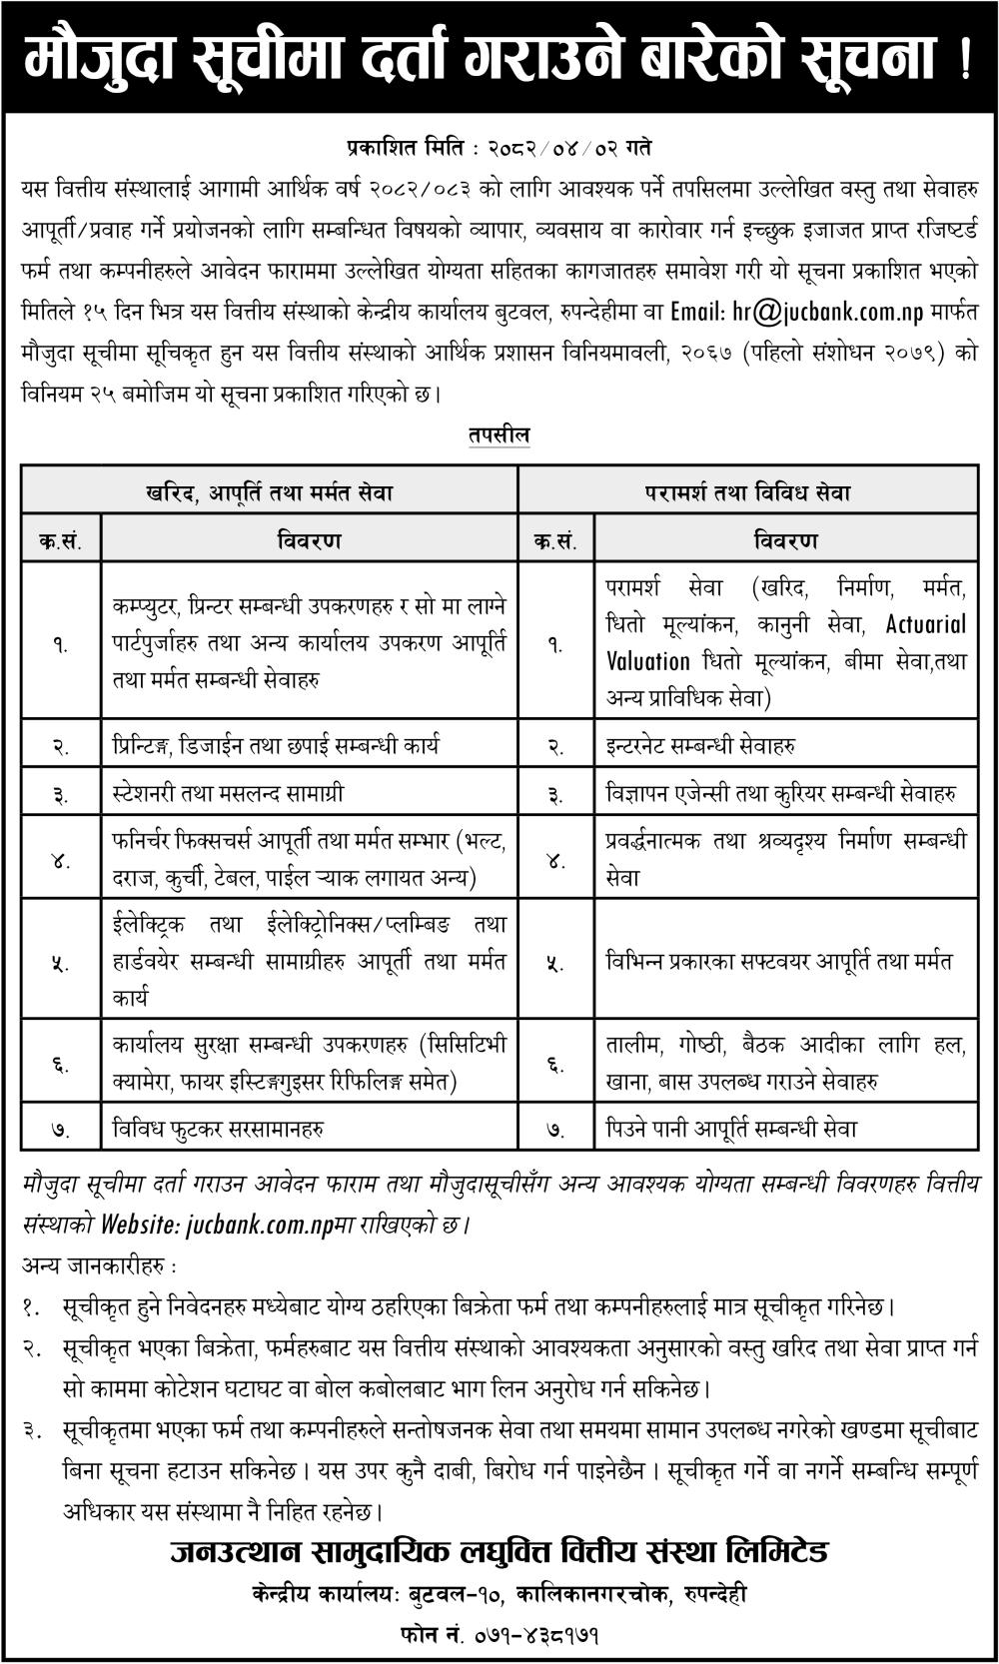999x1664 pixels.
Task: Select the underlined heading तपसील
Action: click(499, 435)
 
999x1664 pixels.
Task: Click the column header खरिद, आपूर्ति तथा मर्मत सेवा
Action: click(269, 492)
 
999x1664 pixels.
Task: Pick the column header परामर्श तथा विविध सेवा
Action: click(747, 492)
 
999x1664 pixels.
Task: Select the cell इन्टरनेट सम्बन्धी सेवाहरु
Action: click(700, 746)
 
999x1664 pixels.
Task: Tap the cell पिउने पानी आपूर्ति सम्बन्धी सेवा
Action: click(731, 1129)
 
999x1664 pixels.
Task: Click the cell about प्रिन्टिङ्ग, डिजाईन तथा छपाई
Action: click(276, 746)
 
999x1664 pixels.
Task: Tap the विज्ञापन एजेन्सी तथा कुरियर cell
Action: click(780, 794)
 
